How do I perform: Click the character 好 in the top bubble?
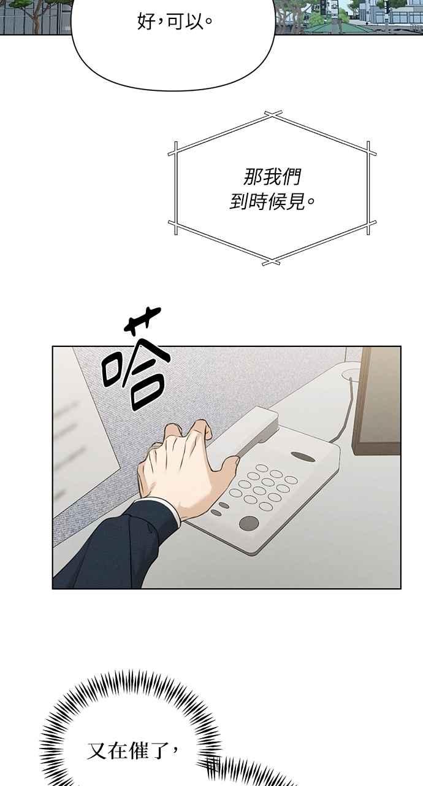coord(147,21)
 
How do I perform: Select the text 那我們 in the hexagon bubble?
coord(272,177)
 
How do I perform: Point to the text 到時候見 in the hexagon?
coord(267,201)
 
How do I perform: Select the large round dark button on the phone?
coord(249,523)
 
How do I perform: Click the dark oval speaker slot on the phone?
coord(303,456)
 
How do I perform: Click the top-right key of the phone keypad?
coord(291,480)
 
